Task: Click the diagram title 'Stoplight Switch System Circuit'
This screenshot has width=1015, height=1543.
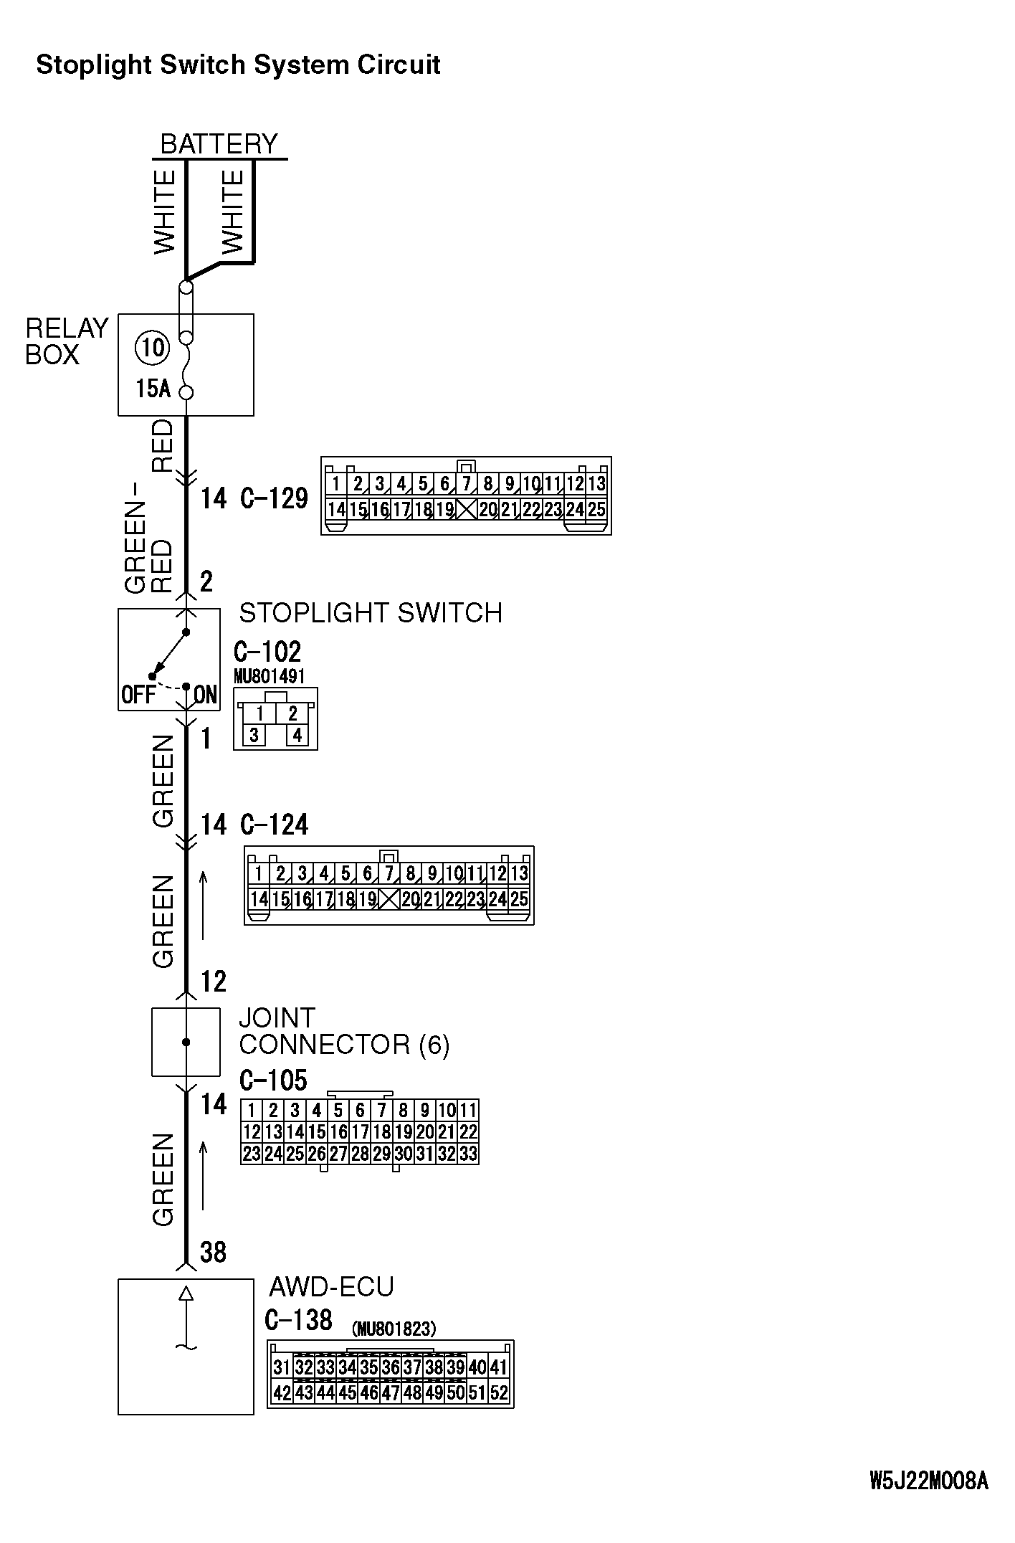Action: point(238,65)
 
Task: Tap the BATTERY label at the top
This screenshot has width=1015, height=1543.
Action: point(219,144)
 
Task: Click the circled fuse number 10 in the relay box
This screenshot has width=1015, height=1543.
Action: point(152,348)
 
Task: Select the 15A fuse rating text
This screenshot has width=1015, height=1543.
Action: point(153,389)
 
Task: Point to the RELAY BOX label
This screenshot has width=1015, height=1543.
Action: point(66,341)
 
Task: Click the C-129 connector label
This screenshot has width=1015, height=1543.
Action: point(274,498)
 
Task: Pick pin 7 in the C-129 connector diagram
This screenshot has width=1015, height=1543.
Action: point(467,484)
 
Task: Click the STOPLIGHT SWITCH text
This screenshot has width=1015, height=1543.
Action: point(371,613)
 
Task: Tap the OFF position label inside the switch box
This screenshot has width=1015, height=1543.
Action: point(138,695)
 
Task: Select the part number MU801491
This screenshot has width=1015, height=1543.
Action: point(270,676)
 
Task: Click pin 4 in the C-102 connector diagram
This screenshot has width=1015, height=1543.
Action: point(297,735)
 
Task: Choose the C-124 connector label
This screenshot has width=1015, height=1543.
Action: point(274,825)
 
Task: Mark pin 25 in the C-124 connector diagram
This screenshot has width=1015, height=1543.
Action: point(519,898)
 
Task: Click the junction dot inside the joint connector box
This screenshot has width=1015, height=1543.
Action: point(186,1042)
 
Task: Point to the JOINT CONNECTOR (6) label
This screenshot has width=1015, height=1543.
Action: point(344,1031)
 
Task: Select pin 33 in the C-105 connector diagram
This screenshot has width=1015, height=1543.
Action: point(467,1154)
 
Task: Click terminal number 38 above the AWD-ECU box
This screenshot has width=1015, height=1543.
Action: point(213,1252)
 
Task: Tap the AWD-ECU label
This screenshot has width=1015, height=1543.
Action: point(331,1286)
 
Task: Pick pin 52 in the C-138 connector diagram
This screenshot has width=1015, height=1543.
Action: point(498,1392)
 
